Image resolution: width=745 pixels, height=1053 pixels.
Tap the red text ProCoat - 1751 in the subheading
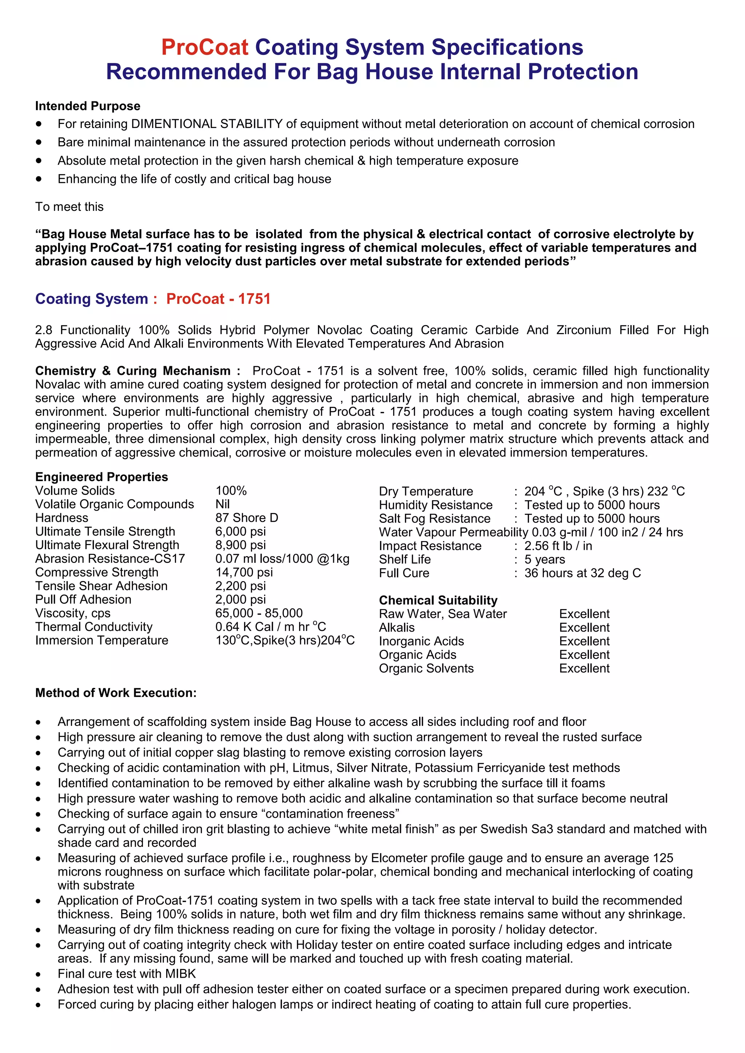pos(218,299)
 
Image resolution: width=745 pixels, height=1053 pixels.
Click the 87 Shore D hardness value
pos(247,518)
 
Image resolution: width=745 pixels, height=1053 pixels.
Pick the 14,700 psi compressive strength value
pos(244,572)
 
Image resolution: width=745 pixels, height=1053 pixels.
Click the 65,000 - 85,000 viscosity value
pos(259,613)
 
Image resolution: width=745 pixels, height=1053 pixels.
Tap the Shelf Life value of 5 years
pos(545,560)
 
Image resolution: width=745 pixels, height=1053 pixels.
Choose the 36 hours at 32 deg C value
pos(583,573)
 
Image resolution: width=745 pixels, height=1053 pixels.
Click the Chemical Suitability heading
pos(438,600)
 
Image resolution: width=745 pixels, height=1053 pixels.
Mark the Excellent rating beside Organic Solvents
pos(584,669)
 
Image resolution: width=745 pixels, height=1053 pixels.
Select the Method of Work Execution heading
pos(116,693)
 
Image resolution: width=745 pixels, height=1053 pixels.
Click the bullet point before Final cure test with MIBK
pos(39,974)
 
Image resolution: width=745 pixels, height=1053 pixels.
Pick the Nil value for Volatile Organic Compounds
pos(223,504)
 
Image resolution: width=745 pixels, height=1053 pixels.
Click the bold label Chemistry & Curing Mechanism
pos(138,371)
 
